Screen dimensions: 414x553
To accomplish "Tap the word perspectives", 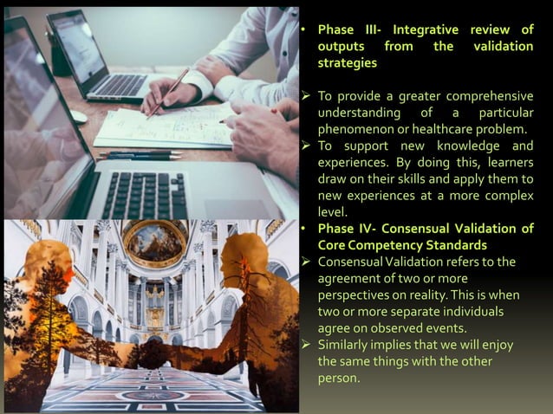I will click(355, 294).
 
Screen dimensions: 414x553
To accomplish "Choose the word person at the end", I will click(338, 378).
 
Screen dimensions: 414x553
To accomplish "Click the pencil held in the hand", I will click(169, 92).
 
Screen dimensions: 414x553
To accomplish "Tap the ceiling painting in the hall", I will click(155, 244).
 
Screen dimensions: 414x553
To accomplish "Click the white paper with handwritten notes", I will click(165, 130).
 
